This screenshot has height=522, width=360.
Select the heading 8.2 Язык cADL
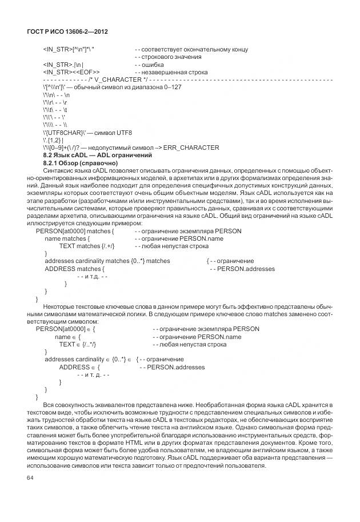click(98, 155)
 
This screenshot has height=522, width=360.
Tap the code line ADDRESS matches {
click(74, 268)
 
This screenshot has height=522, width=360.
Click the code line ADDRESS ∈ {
click(79, 367)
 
